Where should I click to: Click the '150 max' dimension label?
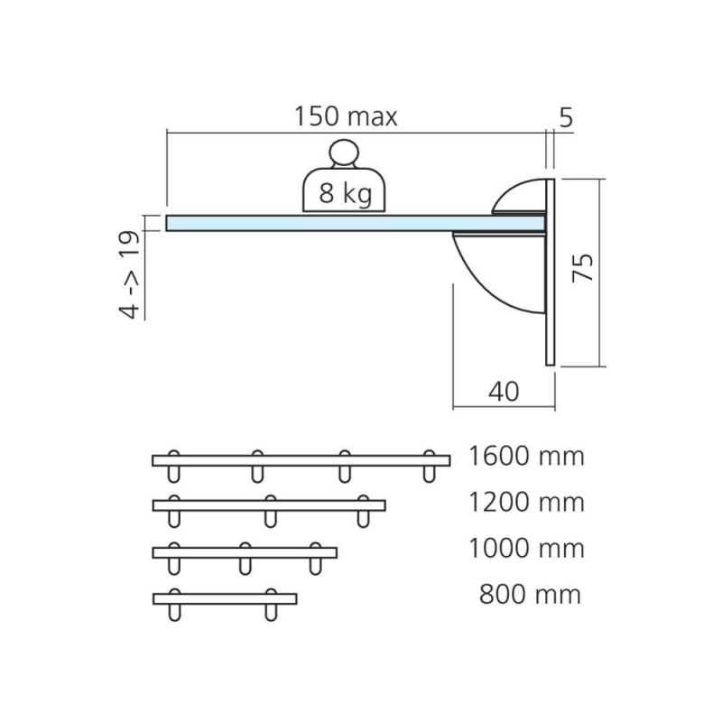tap(346, 116)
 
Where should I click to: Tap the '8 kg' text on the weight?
tap(346, 193)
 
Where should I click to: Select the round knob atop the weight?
tap(344, 153)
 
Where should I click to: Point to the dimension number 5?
tap(566, 117)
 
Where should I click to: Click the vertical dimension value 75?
tap(582, 267)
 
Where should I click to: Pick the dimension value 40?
tap(504, 392)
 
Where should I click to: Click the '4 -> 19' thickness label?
tap(129, 275)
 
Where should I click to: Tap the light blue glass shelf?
tap(355, 223)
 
